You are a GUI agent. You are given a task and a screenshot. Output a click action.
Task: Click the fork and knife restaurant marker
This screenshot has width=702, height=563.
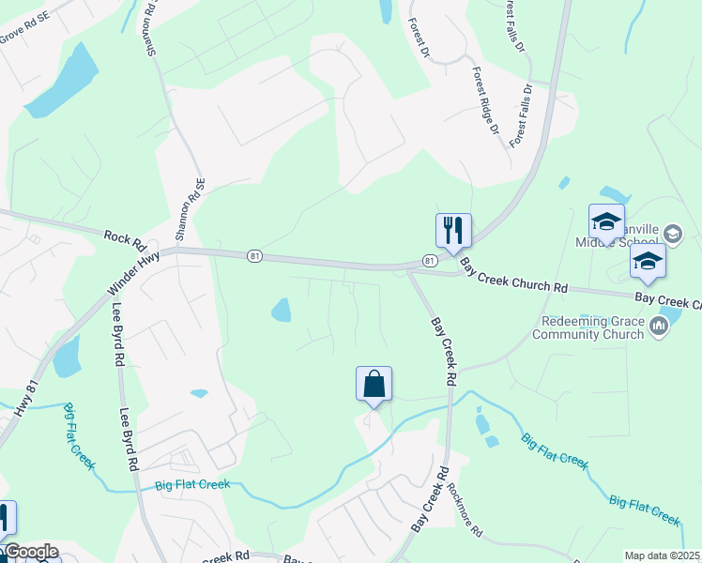click(x=453, y=230)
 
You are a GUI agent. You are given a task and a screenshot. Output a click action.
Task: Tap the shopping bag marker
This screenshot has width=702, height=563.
click(x=374, y=383)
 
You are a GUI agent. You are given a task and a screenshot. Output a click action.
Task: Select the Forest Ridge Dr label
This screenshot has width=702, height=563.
click(x=485, y=100)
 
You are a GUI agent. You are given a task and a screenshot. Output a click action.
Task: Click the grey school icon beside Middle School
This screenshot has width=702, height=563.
click(x=672, y=233)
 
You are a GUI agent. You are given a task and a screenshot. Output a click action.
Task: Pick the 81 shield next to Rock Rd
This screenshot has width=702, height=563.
click(x=253, y=255)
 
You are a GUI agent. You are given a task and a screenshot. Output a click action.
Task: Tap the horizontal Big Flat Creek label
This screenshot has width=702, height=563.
click(x=191, y=484)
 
